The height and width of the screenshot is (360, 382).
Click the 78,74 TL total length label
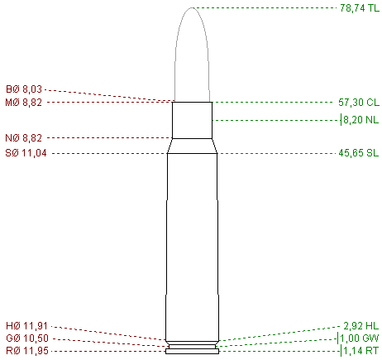point(360,8)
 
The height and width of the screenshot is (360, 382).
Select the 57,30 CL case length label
point(359,103)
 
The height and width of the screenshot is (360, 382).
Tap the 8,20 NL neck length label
point(361,120)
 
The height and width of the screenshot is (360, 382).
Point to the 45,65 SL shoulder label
point(359,153)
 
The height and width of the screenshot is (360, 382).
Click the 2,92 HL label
point(361,326)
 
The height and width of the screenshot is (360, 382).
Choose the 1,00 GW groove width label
point(360,338)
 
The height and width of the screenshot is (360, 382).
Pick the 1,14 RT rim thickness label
point(361,351)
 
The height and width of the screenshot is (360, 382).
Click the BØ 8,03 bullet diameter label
point(24,89)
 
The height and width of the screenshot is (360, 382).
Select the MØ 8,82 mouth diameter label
point(24,103)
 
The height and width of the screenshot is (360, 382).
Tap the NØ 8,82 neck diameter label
point(24,137)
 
